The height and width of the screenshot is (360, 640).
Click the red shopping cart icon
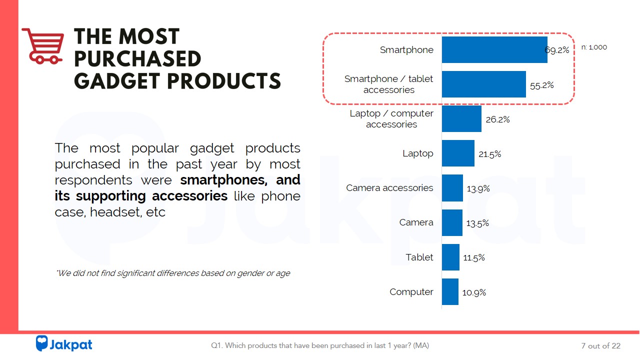[43, 45]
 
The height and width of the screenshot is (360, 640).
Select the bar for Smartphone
[494, 49]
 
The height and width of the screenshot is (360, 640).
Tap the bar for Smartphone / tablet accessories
[483, 84]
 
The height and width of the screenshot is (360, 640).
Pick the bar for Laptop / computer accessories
[461, 119]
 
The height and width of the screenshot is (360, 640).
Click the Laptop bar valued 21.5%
[457, 153]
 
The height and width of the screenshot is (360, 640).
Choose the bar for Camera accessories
[452, 188]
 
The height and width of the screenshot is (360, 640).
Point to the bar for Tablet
[450, 257]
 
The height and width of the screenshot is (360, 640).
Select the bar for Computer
[449, 292]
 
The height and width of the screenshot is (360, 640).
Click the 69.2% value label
[557, 50]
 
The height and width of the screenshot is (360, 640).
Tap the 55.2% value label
[542, 85]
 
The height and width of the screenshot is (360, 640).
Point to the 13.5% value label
[477, 223]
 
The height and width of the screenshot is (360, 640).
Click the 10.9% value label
[474, 292]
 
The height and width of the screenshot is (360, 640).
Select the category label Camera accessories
[389, 188]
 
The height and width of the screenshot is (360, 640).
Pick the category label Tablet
[419, 257]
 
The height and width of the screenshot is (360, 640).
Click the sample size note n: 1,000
[594, 47]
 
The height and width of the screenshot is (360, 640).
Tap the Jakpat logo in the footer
[64, 344]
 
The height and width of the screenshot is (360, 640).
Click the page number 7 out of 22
[600, 346]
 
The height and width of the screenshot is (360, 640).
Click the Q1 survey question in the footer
[320, 345]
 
